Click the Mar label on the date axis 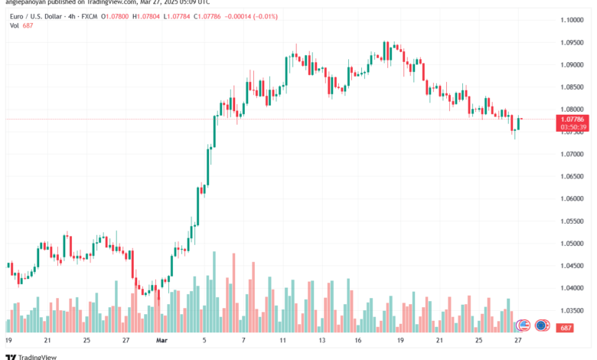[161, 339]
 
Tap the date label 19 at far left [8, 339]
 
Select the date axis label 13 [322, 339]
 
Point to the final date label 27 [518, 339]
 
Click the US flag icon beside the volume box [543, 325]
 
